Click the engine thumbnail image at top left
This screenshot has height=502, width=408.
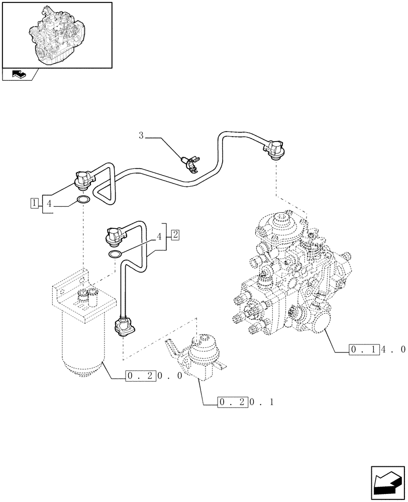[57, 35]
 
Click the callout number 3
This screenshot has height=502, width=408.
[141, 135]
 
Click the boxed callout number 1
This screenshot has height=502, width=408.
[34, 203]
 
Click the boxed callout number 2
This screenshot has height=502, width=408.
[174, 234]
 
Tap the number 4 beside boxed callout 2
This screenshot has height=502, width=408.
[160, 235]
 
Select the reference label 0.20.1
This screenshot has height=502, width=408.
[246, 402]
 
